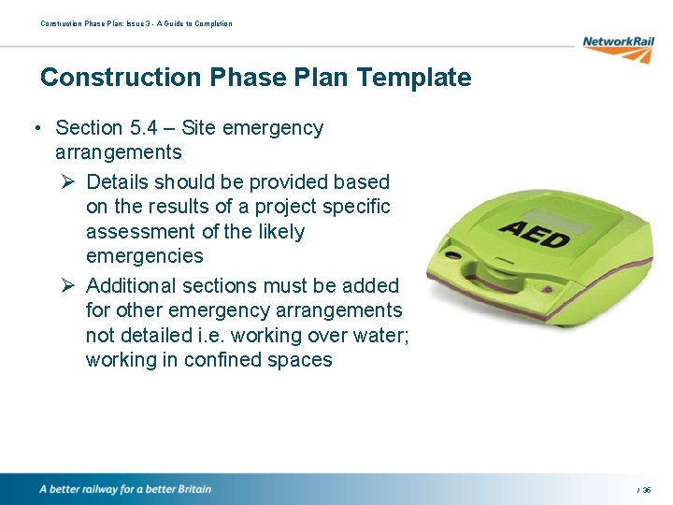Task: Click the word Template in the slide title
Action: tap(422, 77)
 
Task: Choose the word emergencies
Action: tap(144, 255)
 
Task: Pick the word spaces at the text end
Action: tap(300, 360)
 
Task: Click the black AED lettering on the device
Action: tap(535, 233)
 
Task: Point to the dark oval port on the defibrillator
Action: tap(455, 255)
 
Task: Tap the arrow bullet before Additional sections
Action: tap(66, 285)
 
